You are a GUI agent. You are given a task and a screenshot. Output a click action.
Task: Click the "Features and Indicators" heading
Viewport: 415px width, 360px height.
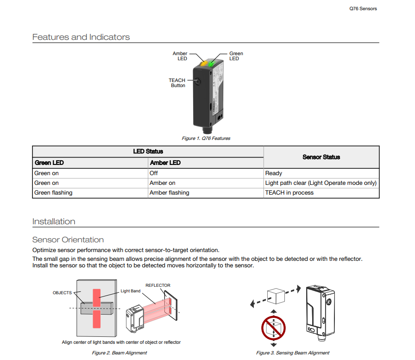[81, 37]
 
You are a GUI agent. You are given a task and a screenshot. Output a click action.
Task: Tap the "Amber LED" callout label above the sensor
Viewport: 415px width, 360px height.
[180, 56]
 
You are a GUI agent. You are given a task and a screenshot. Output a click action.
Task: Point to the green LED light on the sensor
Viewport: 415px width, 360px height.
[212, 63]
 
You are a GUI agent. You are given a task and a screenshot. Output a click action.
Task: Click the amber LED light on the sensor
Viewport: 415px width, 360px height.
[203, 63]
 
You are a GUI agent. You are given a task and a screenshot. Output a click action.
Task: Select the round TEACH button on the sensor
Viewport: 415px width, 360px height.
[197, 81]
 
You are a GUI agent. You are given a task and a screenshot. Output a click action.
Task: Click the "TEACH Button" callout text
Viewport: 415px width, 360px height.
[177, 83]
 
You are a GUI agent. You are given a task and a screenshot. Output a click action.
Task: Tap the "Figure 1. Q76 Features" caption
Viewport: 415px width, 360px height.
[206, 139]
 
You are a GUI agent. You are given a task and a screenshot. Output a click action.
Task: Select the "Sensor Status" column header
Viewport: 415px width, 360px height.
[321, 157]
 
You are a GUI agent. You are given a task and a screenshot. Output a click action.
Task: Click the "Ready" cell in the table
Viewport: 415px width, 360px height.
[274, 173]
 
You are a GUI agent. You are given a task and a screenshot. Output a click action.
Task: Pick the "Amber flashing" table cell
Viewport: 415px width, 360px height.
[170, 193]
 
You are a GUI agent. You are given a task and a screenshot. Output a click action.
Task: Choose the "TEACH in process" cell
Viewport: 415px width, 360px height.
[289, 193]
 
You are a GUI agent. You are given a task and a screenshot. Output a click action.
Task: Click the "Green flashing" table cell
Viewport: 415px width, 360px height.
[53, 193]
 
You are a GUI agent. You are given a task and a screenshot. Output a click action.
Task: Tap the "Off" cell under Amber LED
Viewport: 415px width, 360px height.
[153, 173]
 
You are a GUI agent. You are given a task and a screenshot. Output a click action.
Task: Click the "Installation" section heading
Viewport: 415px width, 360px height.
[54, 221]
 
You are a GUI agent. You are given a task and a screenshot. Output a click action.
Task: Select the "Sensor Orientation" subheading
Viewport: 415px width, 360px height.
[68, 240]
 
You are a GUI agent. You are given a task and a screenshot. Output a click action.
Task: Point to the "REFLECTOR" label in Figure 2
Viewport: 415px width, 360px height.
[158, 285]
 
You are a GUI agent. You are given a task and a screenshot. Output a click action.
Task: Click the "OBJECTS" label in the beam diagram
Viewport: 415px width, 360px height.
[62, 293]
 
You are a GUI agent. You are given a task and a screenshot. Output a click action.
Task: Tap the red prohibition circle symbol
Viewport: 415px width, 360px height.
[273, 328]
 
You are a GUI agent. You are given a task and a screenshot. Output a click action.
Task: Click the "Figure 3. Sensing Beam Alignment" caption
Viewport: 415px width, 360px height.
[293, 353]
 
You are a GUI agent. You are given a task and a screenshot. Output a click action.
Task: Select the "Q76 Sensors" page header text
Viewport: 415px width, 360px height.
[363, 9]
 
